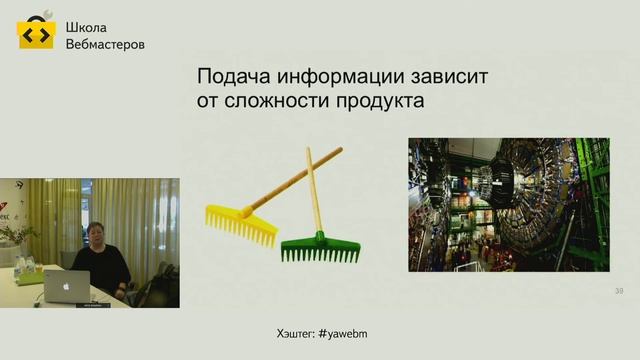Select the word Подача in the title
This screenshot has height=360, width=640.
point(234,77)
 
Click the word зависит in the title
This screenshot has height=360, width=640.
point(455,77)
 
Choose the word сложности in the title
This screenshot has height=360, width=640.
point(275,102)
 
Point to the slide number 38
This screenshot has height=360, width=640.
point(619,291)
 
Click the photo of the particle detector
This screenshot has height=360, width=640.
point(508,204)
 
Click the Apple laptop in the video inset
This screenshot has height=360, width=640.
point(67,288)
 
